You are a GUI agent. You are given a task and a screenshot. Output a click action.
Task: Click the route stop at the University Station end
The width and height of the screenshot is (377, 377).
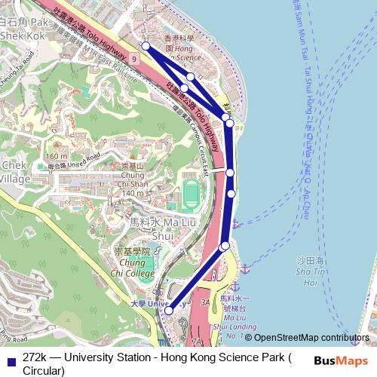[169, 310]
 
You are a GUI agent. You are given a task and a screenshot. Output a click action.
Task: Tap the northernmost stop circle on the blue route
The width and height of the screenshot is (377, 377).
[146, 46]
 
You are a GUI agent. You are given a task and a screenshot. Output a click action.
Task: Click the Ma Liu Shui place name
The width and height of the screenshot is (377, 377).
[152, 228]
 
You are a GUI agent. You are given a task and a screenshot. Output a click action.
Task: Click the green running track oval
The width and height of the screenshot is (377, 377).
[191, 194]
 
